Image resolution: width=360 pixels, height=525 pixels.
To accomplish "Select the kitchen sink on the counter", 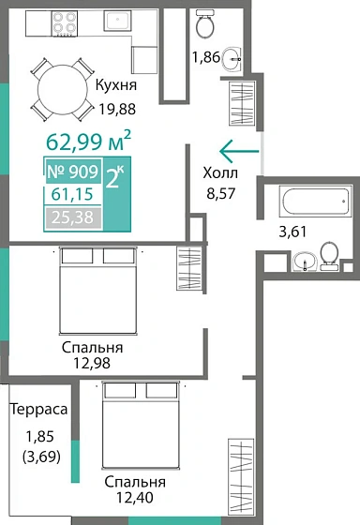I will (x=118, y=21).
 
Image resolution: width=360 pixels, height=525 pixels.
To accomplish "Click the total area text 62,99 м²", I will (x=88, y=142).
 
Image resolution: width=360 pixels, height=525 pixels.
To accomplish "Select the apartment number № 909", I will (x=71, y=173).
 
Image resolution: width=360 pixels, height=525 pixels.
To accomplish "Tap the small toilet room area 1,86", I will (x=206, y=57).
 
